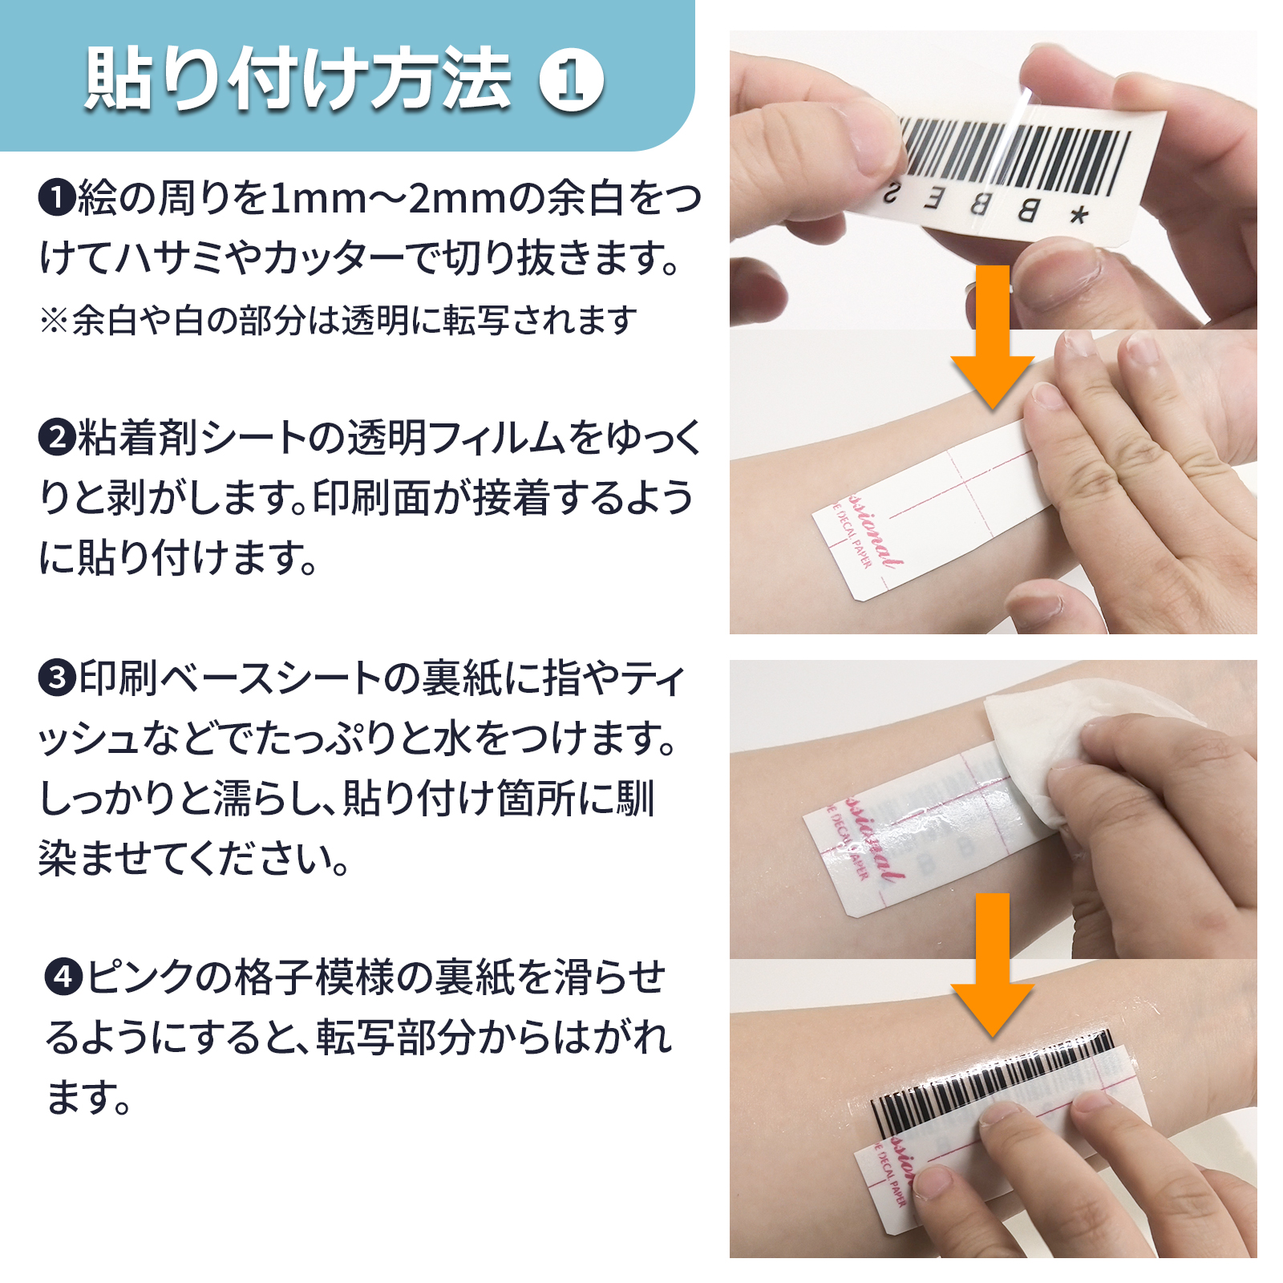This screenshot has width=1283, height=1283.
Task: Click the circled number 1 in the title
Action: pyautogui.click(x=571, y=80)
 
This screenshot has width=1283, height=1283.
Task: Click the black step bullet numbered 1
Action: pyautogui.click(x=57, y=198)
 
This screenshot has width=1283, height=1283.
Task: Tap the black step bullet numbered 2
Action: pyautogui.click(x=57, y=438)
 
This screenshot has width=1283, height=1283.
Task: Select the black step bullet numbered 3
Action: pyautogui.click(x=57, y=678)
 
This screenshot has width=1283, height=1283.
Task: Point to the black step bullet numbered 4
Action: pyautogui.click(x=64, y=977)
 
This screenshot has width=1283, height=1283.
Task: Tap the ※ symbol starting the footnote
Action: pyautogui.click(x=54, y=321)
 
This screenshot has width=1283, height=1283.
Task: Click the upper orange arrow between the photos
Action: pyautogui.click(x=993, y=337)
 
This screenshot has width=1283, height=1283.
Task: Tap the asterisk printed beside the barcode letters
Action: pyautogui.click(x=1079, y=215)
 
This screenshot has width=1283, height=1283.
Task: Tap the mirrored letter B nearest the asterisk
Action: pyautogui.click(x=1028, y=210)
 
